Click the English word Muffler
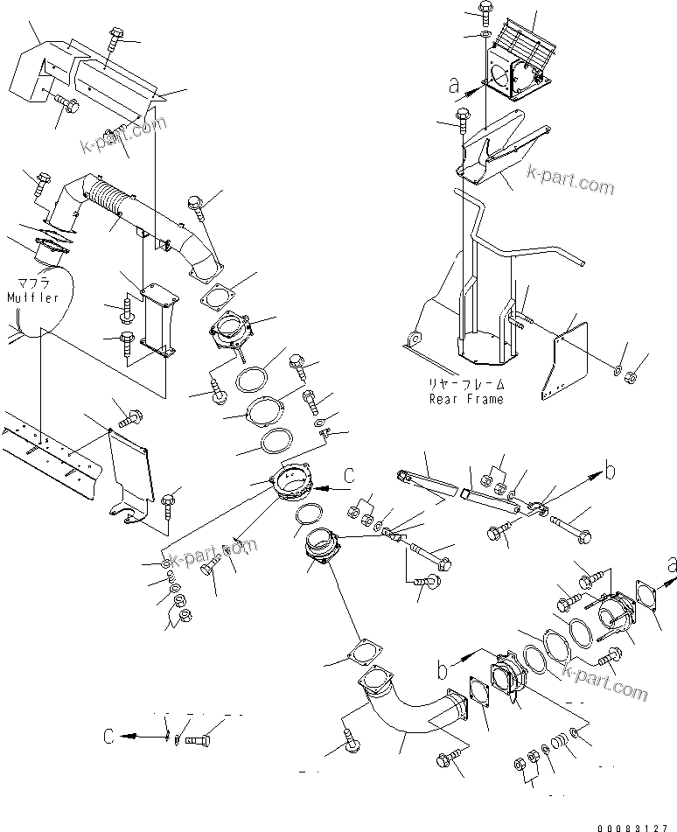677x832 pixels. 32,297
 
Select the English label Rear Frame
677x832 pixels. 465,399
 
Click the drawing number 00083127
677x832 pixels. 637,826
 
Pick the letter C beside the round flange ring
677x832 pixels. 348,476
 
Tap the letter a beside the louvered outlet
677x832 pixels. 453,86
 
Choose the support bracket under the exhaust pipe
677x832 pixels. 156,319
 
